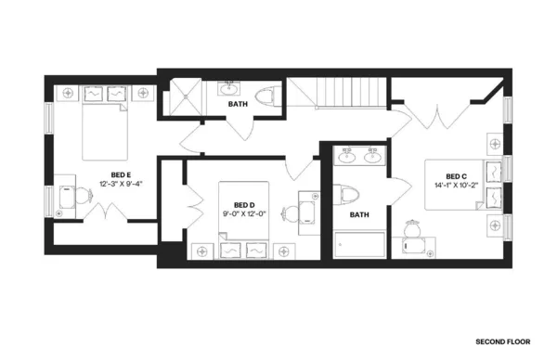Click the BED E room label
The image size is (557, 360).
[x=121, y=174]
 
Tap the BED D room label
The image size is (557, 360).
[x=244, y=205]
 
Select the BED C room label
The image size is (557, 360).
[x=456, y=176]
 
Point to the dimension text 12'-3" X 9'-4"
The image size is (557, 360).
[x=121, y=184]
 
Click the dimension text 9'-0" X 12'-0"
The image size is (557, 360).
[x=244, y=214]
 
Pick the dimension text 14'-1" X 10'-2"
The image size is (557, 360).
[x=456, y=186]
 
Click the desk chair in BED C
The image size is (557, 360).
[x=414, y=244]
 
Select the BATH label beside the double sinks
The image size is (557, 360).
[x=359, y=215]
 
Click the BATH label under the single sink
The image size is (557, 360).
[x=238, y=105]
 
